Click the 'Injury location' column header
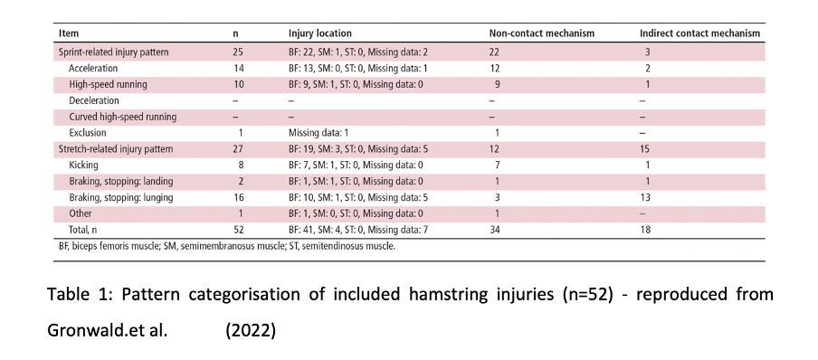coord(319,34)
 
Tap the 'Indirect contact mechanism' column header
coord(699,34)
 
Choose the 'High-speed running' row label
coord(108,84)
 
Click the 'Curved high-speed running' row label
coord(122,117)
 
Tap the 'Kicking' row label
coord(84,166)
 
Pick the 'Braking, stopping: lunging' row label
coord(121,197)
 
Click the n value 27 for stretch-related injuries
coord(238,149)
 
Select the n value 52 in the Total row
coord(238,230)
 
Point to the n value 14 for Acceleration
coord(238,68)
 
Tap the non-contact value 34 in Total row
coord(495,230)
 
